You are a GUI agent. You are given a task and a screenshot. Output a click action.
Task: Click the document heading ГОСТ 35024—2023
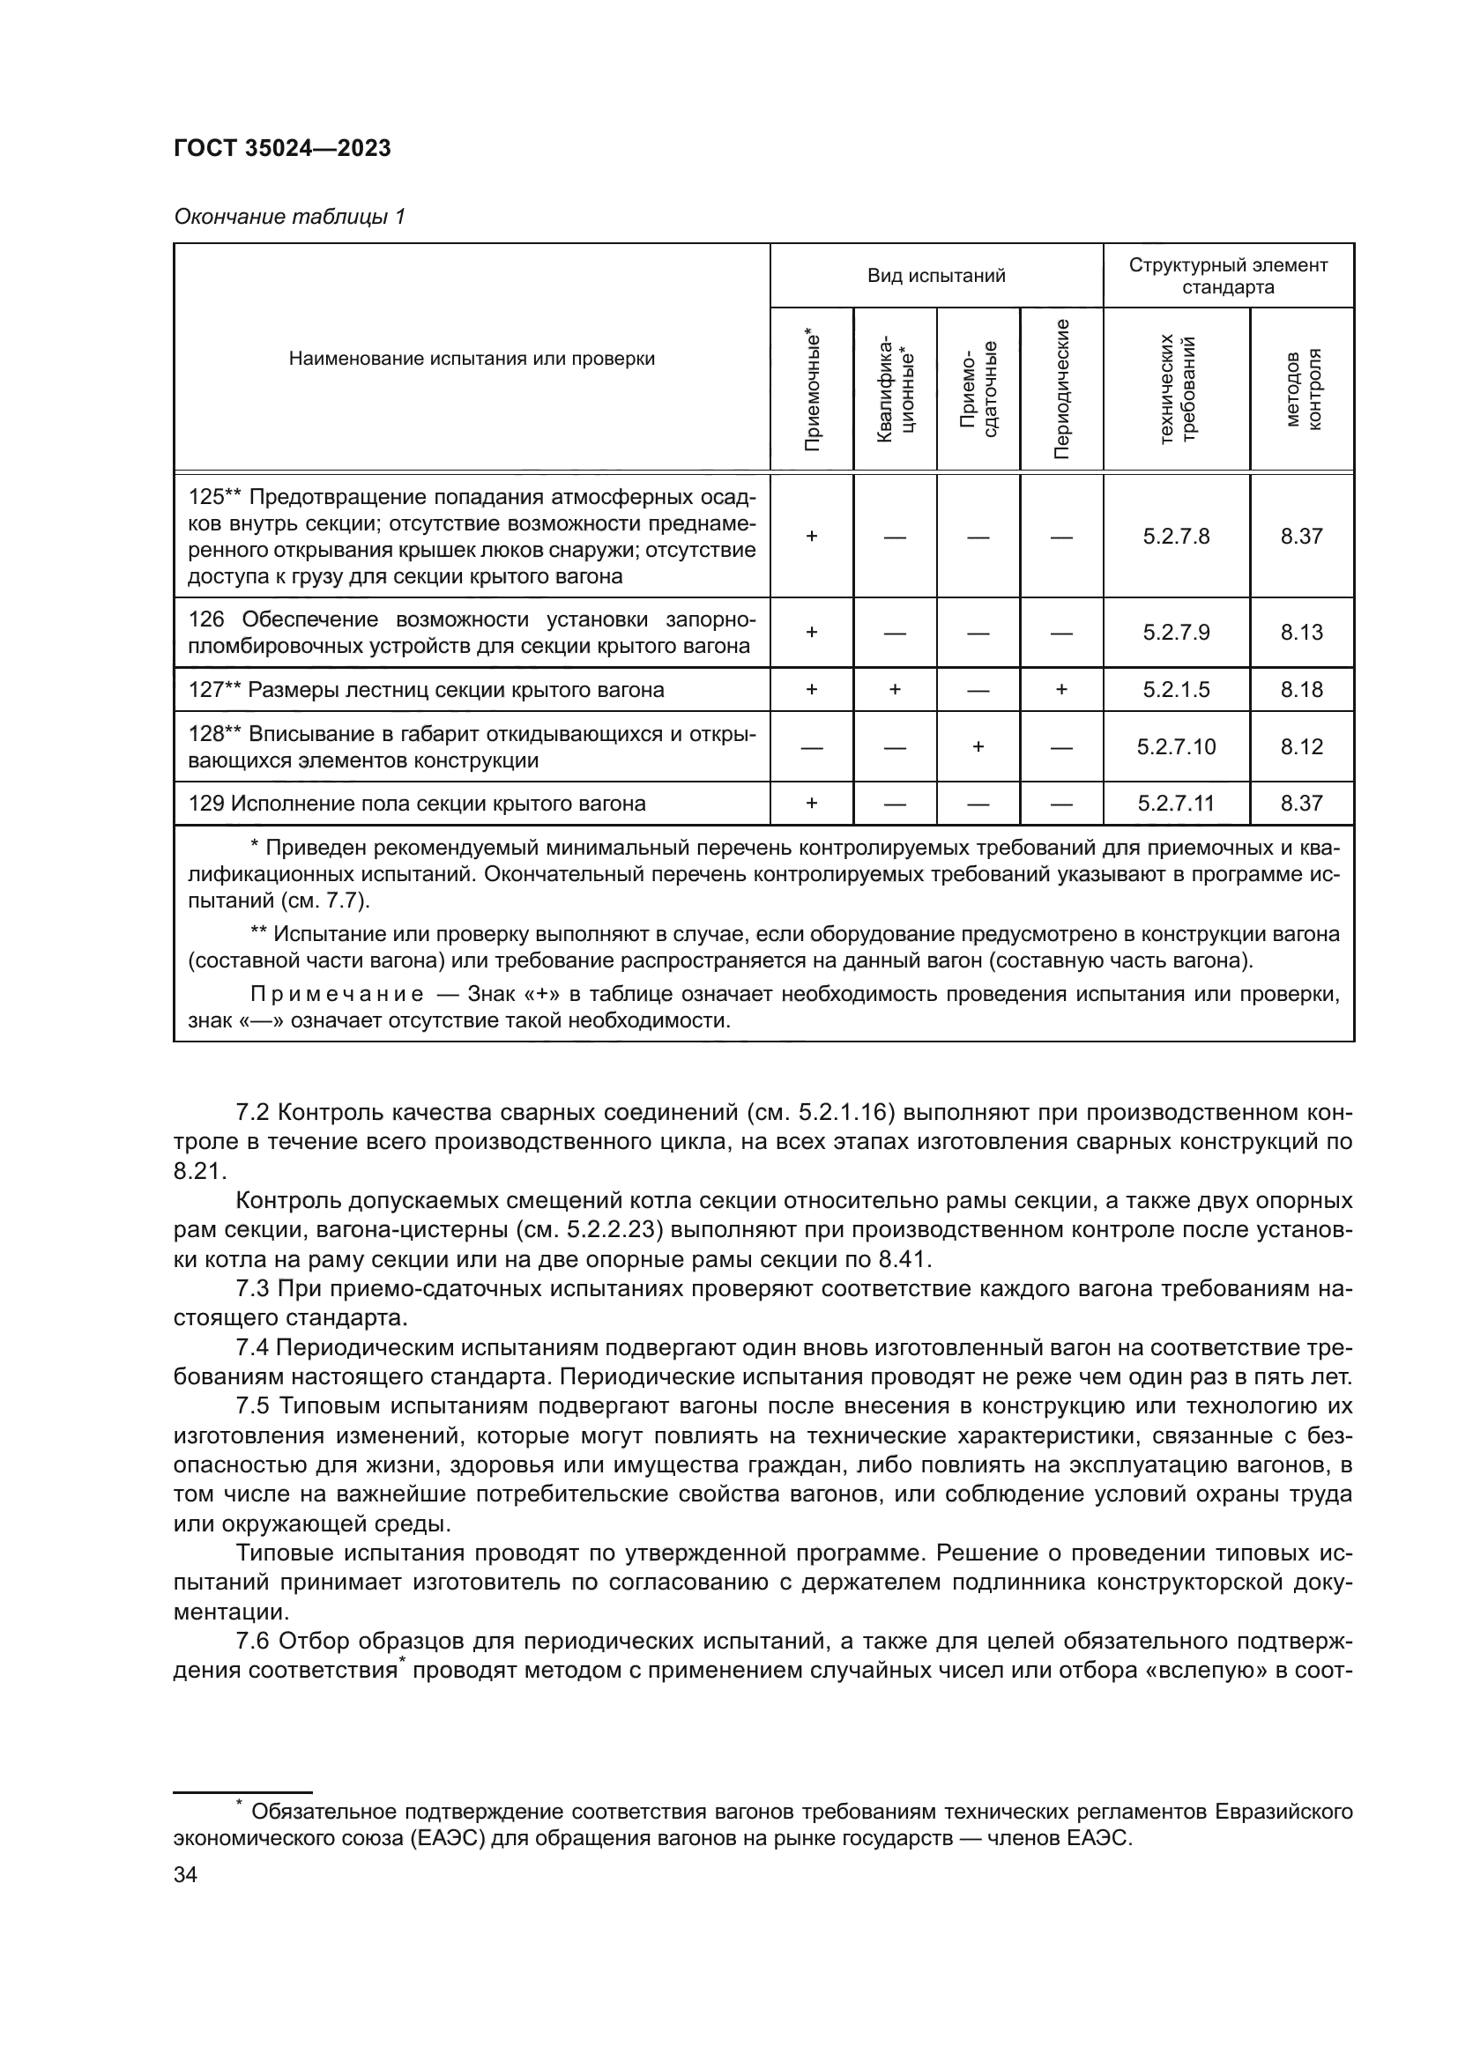(x=282, y=149)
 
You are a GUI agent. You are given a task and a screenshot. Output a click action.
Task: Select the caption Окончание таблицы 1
(x=289, y=218)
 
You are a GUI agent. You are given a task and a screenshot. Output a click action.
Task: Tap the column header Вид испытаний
(x=935, y=277)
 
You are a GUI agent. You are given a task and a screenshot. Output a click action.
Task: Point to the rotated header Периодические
(x=1061, y=389)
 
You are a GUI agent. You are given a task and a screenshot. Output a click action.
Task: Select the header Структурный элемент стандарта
(x=1227, y=277)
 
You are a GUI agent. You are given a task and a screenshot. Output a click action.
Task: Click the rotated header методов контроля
(x=1302, y=389)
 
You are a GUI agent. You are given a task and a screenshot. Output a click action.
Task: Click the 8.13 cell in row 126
(x=1301, y=633)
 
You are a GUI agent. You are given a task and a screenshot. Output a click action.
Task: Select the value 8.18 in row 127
(x=1301, y=690)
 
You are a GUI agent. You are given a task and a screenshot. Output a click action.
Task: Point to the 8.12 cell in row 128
(x=1301, y=747)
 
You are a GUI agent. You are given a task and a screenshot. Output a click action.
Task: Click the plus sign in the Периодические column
(x=1061, y=690)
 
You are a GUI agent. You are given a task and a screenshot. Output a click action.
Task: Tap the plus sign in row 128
(x=978, y=747)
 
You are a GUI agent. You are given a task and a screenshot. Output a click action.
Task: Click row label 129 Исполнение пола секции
(x=417, y=804)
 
